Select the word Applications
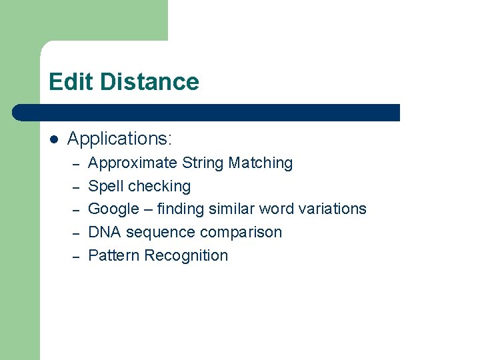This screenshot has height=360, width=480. point(119,139)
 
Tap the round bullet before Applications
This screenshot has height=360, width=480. point(54,139)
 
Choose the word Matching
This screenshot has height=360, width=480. point(261,163)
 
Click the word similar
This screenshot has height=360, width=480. point(231,209)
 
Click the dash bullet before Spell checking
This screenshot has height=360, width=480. point(76,187)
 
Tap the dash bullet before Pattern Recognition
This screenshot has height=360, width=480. point(76,257)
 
